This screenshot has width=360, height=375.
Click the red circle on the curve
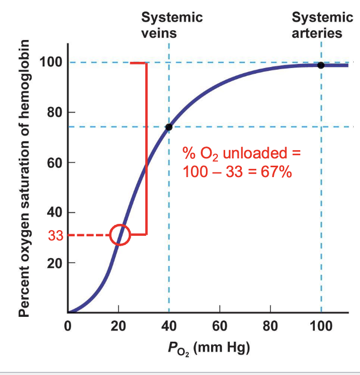pyautogui.click(x=120, y=235)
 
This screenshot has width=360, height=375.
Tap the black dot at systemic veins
pyautogui.click(x=169, y=127)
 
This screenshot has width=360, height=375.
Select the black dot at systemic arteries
pyautogui.click(x=321, y=65)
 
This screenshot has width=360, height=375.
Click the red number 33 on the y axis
pyautogui.click(x=56, y=236)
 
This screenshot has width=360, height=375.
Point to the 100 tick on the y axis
pyautogui.click(x=52, y=62)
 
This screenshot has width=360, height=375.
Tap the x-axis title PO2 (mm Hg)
pyautogui.click(x=209, y=348)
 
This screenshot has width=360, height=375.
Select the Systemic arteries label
pyautogui.click(x=322, y=25)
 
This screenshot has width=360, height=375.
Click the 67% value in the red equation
pyautogui.click(x=275, y=171)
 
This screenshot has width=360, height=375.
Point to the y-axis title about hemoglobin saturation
pyautogui.click(x=24, y=177)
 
